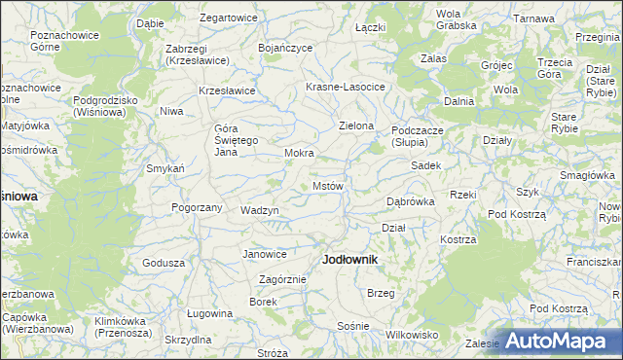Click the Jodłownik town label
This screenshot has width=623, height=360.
click(349, 261)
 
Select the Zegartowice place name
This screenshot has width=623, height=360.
click(228, 18)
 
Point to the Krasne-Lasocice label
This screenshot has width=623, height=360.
click(346, 87)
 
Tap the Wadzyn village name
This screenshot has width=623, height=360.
click(260, 210)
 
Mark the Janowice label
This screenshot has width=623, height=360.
click(265, 254)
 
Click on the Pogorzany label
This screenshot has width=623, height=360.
click(197, 207)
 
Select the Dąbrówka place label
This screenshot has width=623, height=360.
click(410, 201)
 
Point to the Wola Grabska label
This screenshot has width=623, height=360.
click(449, 19)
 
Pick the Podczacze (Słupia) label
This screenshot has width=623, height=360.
click(418, 135)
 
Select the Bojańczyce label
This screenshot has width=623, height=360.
click(284, 47)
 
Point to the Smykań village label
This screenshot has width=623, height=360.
click(165, 168)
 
